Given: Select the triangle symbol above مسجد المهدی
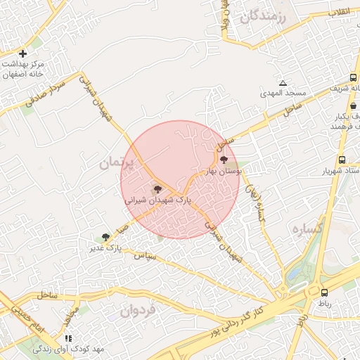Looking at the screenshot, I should [x=283, y=83].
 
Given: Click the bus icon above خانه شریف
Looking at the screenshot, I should [x=352, y=78].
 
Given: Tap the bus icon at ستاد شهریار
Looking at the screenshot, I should [x=342, y=160].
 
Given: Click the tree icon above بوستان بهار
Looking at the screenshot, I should [x=224, y=160].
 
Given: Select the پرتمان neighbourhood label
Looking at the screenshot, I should [x=117, y=162].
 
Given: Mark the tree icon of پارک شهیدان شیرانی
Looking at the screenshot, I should [x=157, y=188].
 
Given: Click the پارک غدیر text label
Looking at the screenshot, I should [x=105, y=248].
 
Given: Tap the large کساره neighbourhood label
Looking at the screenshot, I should [x=309, y=229].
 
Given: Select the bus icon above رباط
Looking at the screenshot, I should [x=324, y=292].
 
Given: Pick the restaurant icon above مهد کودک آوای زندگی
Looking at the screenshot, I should [x=68, y=338].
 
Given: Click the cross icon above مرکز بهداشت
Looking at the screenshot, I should [x=22, y=53].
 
